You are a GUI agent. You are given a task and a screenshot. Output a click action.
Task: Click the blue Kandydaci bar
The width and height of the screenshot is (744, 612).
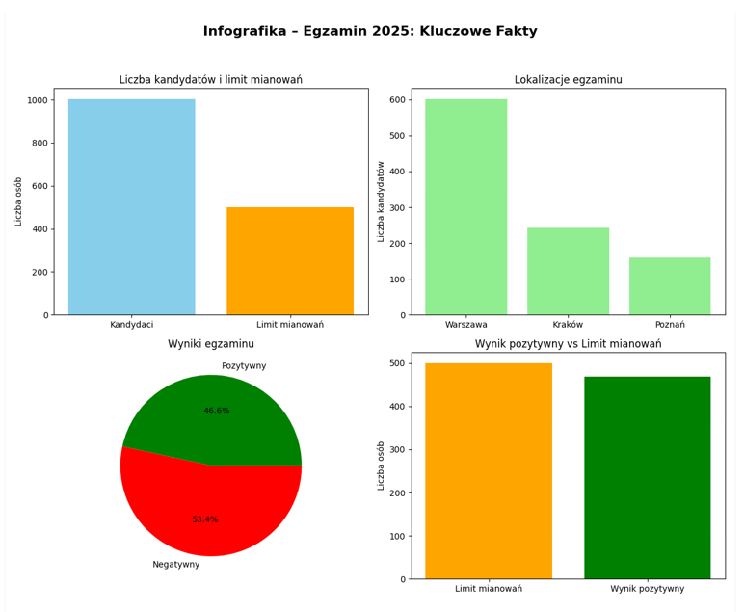click(131, 207)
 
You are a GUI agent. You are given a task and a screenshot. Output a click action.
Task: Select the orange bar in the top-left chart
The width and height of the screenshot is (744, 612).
click(289, 261)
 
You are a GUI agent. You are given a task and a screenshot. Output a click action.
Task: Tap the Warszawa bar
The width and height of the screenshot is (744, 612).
click(465, 207)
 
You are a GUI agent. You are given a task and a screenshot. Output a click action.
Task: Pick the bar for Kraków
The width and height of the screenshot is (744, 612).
click(568, 272)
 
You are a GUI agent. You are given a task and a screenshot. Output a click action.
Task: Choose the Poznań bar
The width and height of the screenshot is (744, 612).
click(670, 286)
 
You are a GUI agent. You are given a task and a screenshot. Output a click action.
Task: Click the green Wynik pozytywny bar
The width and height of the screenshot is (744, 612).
click(647, 478)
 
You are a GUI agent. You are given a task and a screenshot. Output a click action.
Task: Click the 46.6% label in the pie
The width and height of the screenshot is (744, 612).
click(217, 412)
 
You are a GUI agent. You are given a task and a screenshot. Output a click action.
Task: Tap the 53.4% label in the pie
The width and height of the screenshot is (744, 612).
click(205, 519)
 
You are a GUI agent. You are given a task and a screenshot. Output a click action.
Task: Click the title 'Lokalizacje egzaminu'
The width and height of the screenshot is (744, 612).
click(568, 80)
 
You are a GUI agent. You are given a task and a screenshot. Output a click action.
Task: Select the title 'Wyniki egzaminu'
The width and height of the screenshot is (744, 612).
click(211, 344)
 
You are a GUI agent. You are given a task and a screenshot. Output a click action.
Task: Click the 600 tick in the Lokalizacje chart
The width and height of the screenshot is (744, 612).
click(396, 100)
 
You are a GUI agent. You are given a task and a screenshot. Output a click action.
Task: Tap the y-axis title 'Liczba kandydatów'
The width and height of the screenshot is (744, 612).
click(382, 201)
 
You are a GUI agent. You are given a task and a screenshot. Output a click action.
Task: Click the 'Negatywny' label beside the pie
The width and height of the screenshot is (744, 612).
click(176, 565)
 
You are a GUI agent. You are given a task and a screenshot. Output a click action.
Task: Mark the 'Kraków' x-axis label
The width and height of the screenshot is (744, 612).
click(568, 325)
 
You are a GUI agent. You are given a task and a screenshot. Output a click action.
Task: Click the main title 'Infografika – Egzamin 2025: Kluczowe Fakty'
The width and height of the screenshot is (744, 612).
click(370, 32)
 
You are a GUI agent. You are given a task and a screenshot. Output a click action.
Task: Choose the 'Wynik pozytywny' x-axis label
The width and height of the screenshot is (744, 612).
click(647, 589)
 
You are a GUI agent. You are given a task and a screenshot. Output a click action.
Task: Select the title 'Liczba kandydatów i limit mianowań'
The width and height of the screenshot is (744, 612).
click(211, 80)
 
